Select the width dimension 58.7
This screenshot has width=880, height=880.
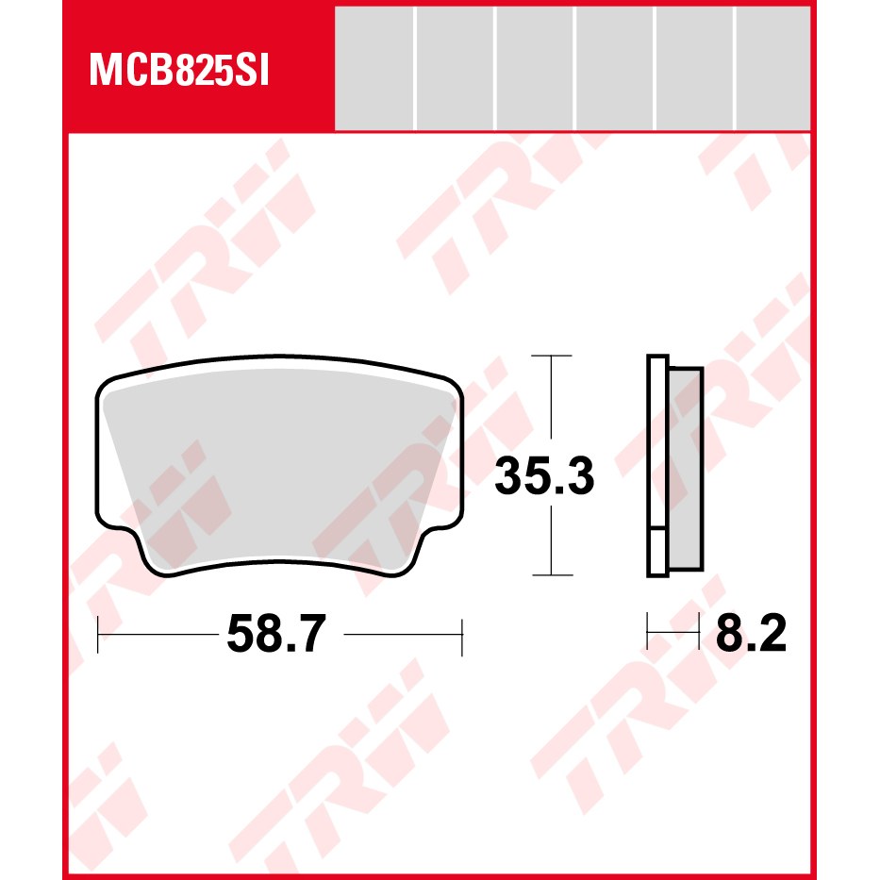276,634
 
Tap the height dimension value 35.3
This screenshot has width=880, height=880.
544,476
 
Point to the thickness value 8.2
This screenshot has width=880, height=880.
751,633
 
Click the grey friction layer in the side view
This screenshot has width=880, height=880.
686,469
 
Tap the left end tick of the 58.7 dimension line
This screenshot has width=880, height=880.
98,635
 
